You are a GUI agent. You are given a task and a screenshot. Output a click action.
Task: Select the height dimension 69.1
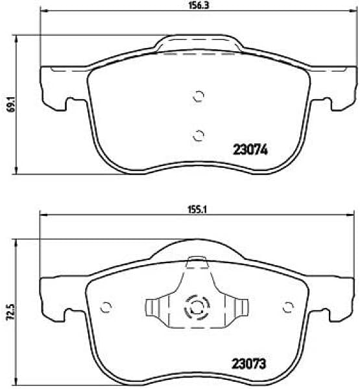10,104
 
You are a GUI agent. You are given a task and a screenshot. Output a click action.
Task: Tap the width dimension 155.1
198,209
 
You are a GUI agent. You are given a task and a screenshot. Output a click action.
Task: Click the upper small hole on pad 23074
199,97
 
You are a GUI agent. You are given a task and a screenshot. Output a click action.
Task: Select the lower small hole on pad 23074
199,135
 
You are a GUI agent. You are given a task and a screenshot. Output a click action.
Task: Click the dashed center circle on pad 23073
195,308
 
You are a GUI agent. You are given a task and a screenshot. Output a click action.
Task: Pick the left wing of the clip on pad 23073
154,309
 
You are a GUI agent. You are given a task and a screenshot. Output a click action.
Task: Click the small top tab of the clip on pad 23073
196,263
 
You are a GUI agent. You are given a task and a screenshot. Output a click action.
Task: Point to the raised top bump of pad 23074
198,44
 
